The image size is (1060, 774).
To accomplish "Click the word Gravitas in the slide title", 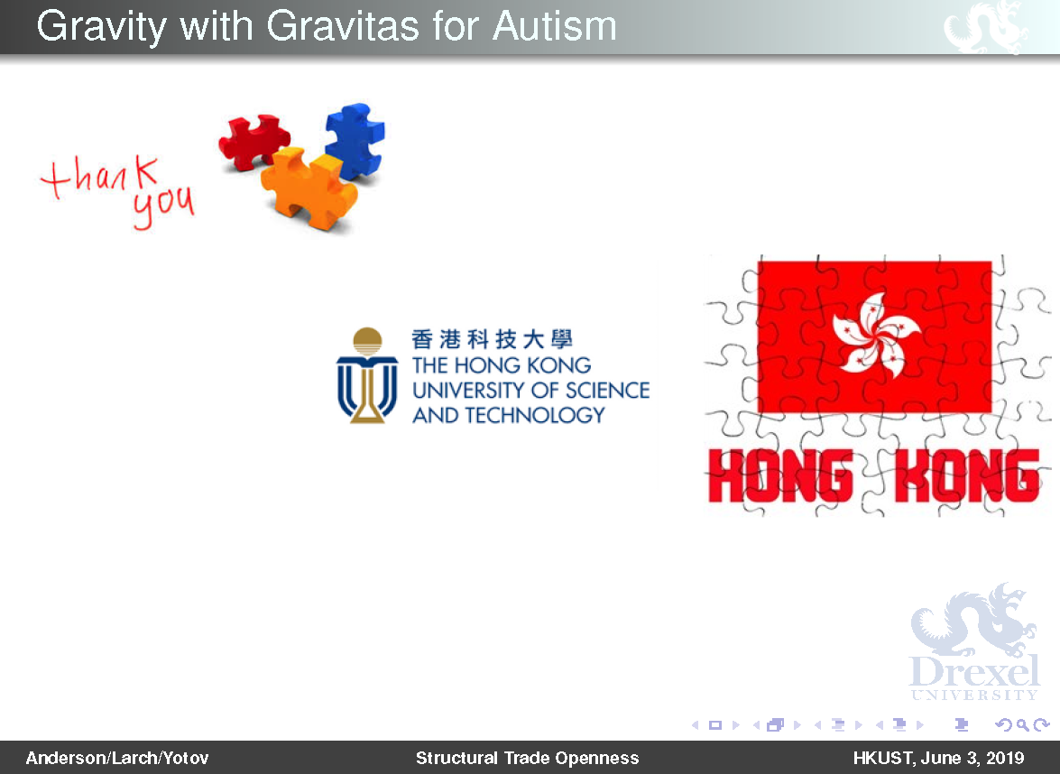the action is [x=344, y=26].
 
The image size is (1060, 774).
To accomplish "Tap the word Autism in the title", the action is [x=555, y=26].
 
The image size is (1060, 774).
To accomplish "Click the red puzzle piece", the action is [x=254, y=141].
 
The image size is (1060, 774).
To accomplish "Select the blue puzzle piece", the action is [x=355, y=141].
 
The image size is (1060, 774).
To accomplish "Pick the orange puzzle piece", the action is [x=309, y=188].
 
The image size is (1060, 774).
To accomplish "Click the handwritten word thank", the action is [x=100, y=177].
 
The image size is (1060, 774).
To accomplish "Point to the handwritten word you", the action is [x=163, y=207].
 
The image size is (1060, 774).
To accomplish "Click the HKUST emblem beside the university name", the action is [x=367, y=376].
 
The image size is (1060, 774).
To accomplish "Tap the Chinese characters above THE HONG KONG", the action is [x=493, y=338].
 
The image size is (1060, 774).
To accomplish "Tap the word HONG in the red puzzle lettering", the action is [x=780, y=476].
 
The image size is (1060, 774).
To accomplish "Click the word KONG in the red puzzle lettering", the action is [x=967, y=476].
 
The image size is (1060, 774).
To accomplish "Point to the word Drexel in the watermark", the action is [x=974, y=670].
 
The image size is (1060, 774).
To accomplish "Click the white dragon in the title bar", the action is [x=986, y=27].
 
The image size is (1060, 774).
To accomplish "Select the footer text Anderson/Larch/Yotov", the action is [x=117, y=758].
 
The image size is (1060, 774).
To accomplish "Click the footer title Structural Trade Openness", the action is [x=528, y=758].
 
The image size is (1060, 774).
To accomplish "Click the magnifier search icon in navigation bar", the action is [x=1023, y=725].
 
